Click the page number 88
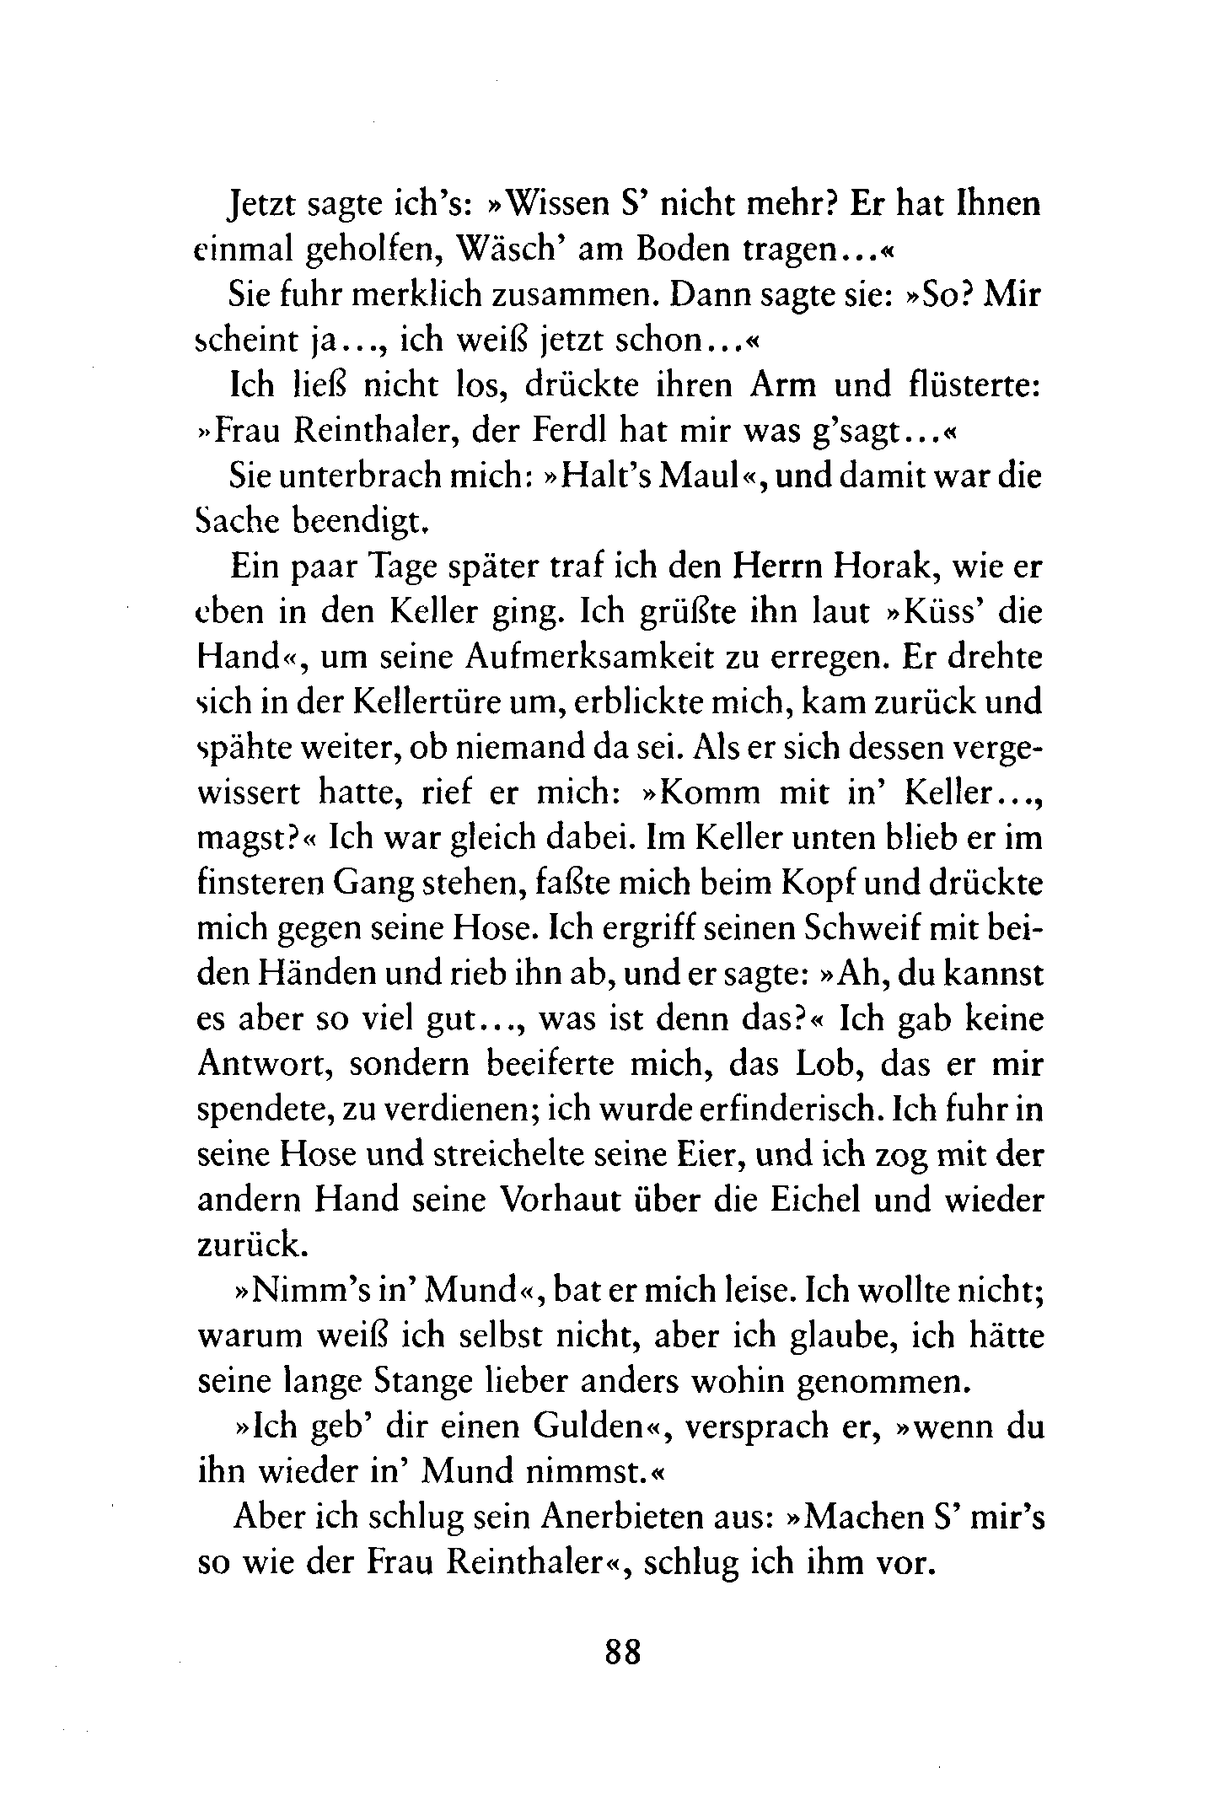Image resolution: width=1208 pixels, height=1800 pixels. pos(623,1649)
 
